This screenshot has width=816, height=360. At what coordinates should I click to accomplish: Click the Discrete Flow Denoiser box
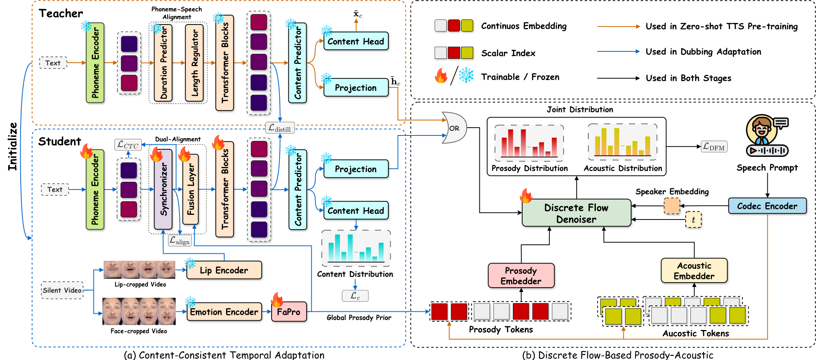click(576, 213)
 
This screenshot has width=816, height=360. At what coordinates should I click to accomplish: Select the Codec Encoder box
click(767, 206)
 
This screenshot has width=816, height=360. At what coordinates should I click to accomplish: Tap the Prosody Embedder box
click(521, 276)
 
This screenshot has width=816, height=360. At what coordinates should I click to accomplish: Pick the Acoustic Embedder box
click(694, 270)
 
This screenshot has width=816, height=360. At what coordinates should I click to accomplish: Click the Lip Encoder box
click(224, 270)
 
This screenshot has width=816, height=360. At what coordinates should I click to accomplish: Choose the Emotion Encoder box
click(224, 312)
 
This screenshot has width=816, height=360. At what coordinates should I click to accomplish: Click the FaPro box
click(288, 312)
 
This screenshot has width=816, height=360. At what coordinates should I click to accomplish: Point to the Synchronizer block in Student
click(163, 190)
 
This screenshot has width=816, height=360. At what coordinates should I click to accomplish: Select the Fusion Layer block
click(191, 190)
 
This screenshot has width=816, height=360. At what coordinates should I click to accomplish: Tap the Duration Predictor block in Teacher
click(163, 63)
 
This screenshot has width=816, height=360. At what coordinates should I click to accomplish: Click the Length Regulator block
click(194, 63)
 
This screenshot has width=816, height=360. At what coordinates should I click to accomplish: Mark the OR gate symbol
click(454, 128)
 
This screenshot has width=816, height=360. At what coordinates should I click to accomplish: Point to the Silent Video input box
click(62, 290)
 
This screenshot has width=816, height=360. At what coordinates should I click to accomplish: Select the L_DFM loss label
click(714, 147)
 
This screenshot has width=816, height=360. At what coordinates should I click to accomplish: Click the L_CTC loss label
click(128, 145)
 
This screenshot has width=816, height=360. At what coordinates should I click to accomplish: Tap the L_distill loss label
click(280, 128)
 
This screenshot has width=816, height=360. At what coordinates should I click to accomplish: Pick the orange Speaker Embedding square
click(672, 206)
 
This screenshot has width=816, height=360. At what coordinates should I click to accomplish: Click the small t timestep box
click(693, 220)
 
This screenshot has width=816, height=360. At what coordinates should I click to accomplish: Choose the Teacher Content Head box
click(356, 41)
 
